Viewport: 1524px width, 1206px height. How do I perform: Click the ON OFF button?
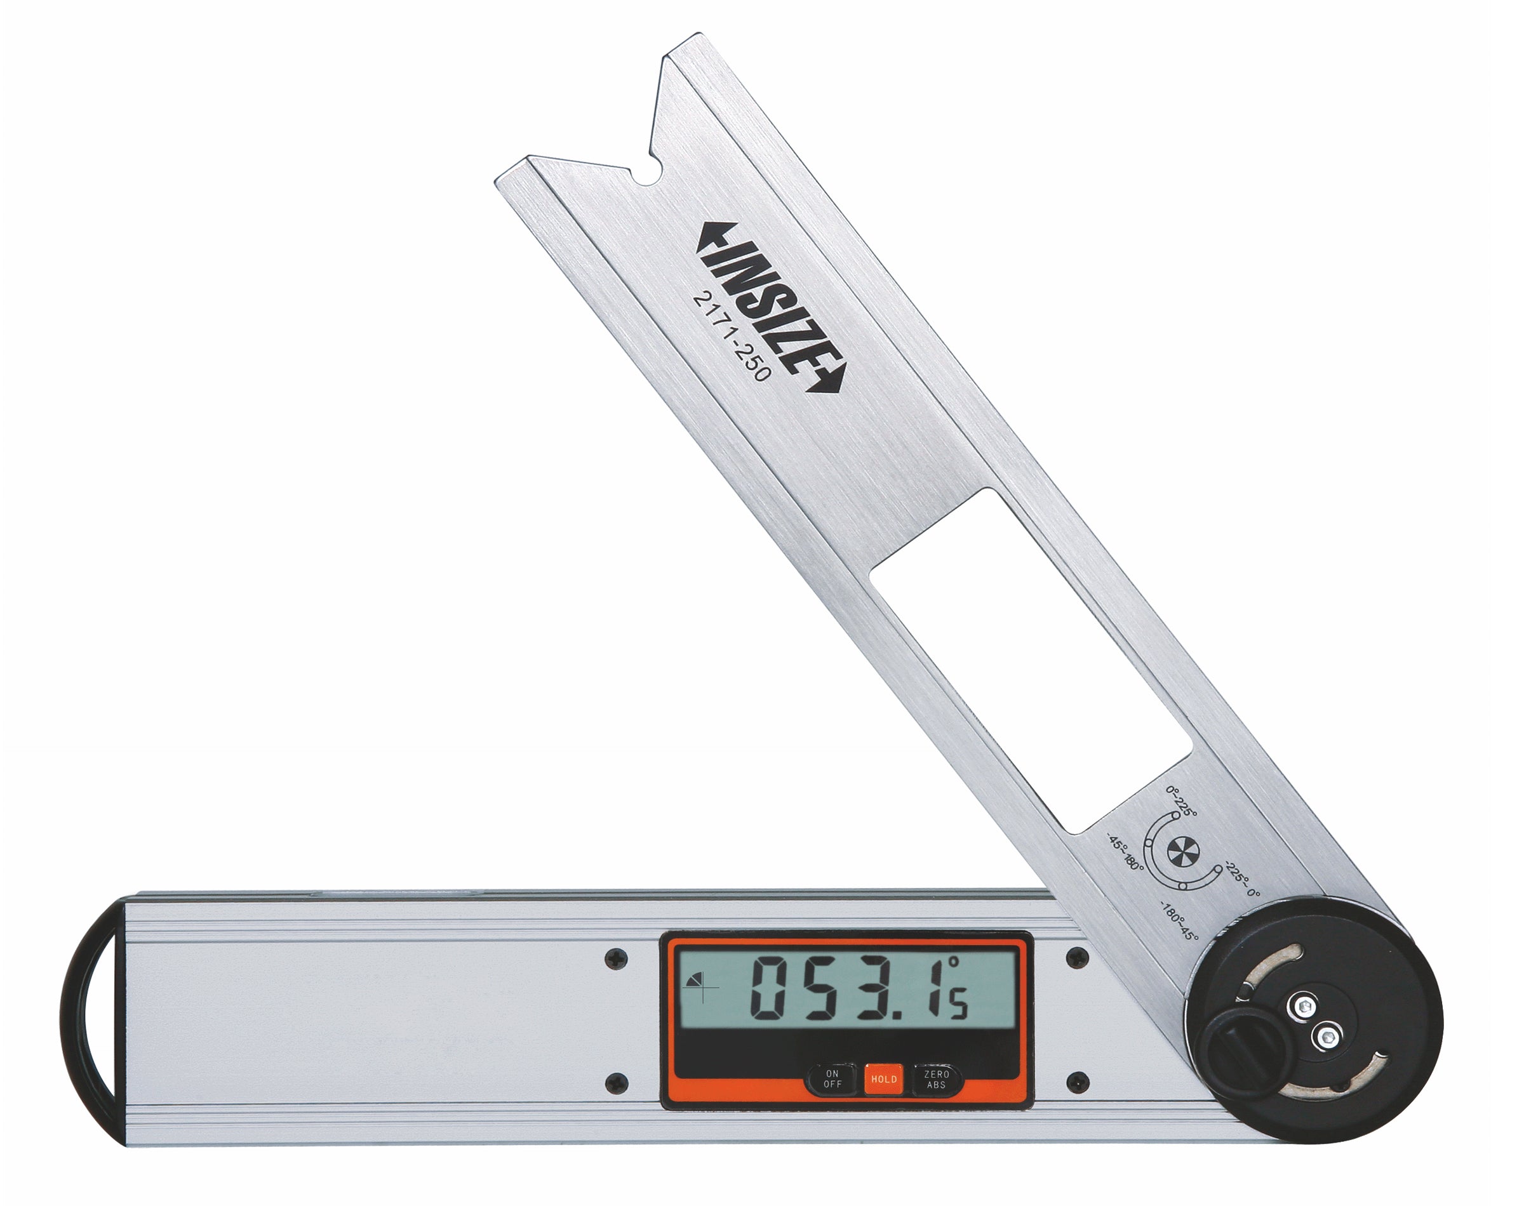tap(832, 1078)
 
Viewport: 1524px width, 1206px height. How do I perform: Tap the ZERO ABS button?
tap(937, 1078)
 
